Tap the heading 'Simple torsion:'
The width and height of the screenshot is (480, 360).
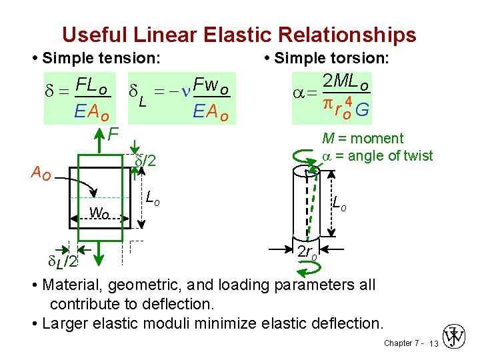(x=331, y=58)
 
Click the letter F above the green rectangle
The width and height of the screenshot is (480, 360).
(x=113, y=135)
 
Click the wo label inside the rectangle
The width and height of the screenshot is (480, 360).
(x=99, y=213)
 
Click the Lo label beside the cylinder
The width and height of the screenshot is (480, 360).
(x=339, y=204)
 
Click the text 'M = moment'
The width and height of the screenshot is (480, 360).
(x=362, y=139)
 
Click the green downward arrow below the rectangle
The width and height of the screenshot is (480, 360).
(x=99, y=254)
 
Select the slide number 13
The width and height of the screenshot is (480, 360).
(x=434, y=344)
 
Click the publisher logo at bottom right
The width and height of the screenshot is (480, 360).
(x=456, y=338)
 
